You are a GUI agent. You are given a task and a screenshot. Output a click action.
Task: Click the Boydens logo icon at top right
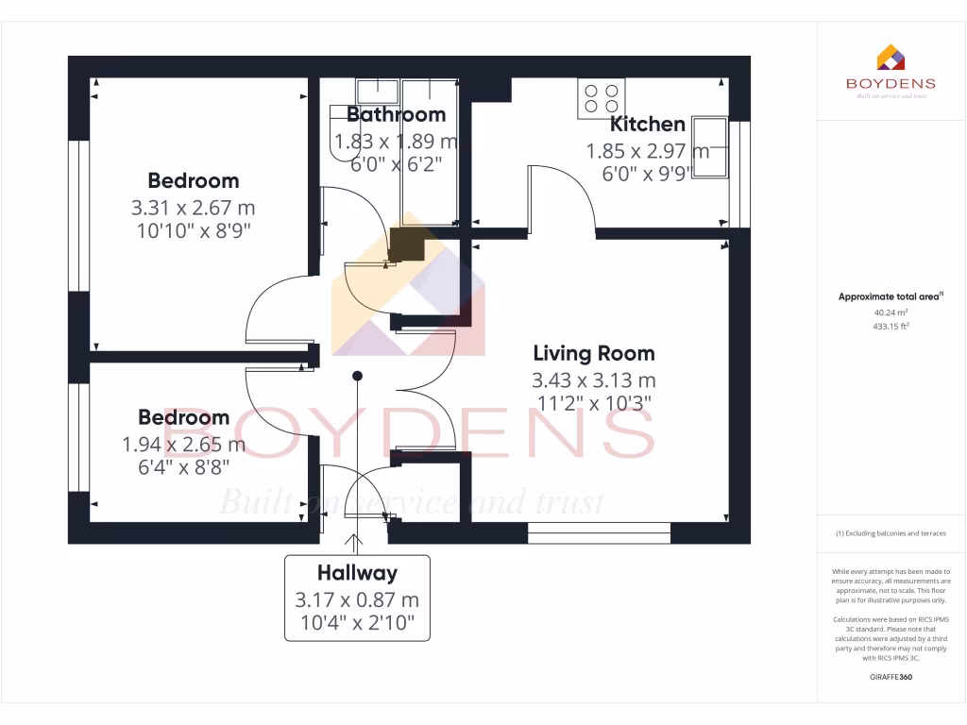point(891,59)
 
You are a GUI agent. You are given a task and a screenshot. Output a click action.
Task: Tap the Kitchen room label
point(647,124)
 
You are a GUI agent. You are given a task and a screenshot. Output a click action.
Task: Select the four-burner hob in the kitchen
point(602,98)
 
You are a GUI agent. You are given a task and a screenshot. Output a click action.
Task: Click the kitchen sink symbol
point(710,146)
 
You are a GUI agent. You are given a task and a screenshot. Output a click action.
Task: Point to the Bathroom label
point(396,115)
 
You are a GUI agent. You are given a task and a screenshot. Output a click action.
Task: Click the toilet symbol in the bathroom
point(336,128)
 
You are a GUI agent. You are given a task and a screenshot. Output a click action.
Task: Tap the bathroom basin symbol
point(378,91)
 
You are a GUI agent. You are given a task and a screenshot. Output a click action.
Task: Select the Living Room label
point(593,354)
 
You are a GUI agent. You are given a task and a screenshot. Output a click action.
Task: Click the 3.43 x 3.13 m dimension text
point(593,380)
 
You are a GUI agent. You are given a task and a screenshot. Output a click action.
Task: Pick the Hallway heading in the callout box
point(357,572)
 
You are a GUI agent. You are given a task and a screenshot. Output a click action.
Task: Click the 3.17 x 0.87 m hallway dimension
point(357,599)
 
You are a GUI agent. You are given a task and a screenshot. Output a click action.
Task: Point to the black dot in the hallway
point(357,376)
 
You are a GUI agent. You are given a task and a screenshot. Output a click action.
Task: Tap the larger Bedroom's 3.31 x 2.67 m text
point(193,207)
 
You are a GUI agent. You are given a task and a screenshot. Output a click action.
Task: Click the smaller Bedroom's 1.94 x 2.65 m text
point(183,444)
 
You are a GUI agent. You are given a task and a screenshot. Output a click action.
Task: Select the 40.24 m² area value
point(891,312)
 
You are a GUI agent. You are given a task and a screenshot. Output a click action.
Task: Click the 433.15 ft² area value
point(891,326)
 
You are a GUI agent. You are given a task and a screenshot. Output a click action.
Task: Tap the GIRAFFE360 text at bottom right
point(891,677)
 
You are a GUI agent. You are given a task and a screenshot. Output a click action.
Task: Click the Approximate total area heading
point(891,296)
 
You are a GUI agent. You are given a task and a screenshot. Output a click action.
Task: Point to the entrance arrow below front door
point(356,543)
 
